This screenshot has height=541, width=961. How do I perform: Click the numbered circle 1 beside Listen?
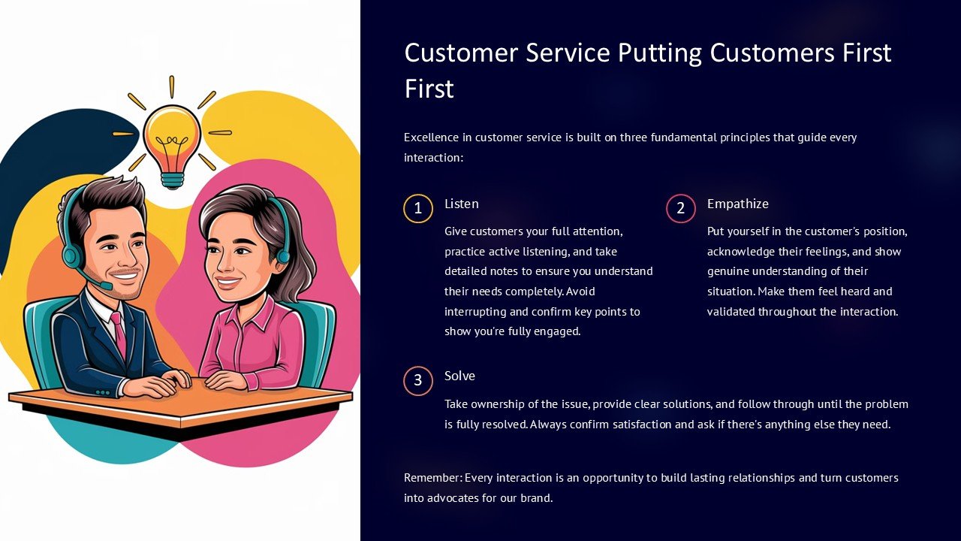click(x=418, y=208)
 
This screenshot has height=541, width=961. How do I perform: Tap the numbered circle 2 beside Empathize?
click(x=681, y=208)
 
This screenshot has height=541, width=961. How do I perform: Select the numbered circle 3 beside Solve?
click(x=418, y=381)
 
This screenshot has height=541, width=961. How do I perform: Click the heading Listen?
click(x=461, y=204)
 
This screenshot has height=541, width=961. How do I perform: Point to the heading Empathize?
click(x=737, y=204)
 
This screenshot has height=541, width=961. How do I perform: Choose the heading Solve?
click(x=459, y=376)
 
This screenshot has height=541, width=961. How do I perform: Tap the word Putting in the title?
click(x=658, y=53)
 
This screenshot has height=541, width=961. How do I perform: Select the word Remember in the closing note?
click(x=432, y=478)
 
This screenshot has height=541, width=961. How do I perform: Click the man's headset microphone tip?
click(x=106, y=286)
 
